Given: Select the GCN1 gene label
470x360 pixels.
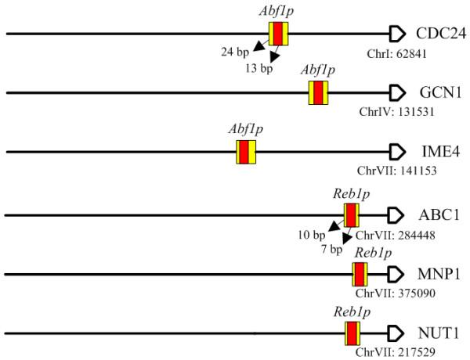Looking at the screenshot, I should click(437, 93).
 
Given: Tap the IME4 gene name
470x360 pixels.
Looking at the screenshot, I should click(436, 153).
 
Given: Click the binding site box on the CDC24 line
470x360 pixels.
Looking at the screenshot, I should click(279, 34).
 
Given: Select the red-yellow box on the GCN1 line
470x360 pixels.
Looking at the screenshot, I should click(318, 93).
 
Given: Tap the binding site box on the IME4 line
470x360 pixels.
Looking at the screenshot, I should click(246, 153).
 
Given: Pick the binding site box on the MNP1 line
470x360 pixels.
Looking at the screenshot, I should click(360, 275).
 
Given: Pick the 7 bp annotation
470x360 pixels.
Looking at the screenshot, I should click(331, 250).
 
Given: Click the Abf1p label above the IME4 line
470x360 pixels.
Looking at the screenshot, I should click(245, 128).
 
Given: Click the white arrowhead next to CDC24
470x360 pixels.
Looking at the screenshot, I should click(397, 34).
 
